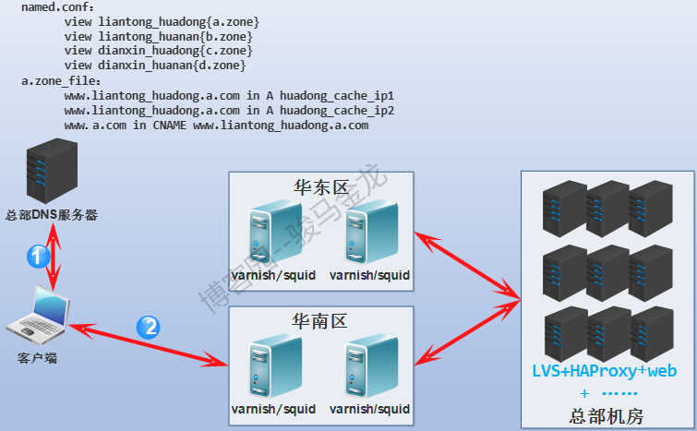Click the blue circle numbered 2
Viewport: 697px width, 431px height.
click(148, 327)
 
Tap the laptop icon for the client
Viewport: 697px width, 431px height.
click(38, 315)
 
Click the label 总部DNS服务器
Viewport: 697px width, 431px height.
click(52, 215)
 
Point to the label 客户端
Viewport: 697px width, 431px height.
click(37, 356)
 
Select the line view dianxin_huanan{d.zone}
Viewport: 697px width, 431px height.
click(155, 66)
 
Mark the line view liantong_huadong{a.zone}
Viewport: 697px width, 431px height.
click(162, 21)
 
